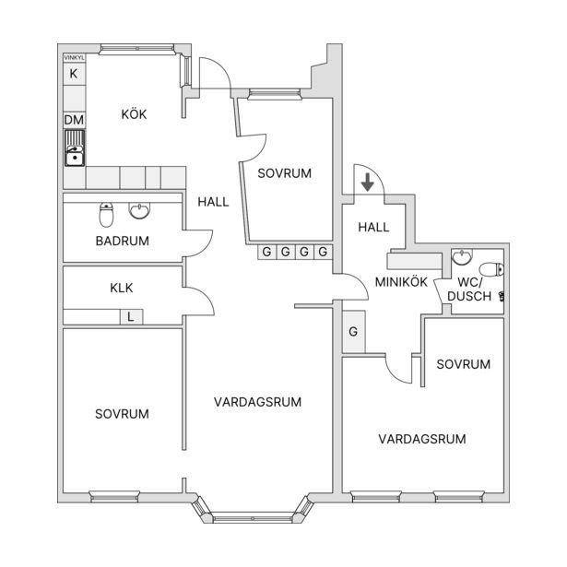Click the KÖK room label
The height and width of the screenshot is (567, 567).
point(134,114)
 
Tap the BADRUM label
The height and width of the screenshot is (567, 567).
point(123,241)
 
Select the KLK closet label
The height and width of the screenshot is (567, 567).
point(122,288)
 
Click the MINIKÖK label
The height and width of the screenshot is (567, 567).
point(401,282)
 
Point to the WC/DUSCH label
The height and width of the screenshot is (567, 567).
point(469,289)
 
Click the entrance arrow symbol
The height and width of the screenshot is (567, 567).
point(368,183)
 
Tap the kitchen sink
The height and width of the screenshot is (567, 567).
point(75,148)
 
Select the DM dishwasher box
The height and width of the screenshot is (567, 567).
point(74,120)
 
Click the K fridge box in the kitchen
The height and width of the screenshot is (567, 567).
point(74,74)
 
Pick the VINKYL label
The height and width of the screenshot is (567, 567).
point(74,57)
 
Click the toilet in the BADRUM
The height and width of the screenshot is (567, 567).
point(106,215)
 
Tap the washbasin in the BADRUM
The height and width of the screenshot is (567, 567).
point(139,211)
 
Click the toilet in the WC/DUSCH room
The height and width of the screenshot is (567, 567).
point(491,269)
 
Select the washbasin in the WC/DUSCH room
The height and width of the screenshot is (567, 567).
point(462,256)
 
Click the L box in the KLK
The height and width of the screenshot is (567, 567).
point(131,317)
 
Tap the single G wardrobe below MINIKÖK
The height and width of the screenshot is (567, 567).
point(354,331)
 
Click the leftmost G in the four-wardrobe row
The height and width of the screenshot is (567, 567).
point(266,252)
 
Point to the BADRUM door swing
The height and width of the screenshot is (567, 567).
point(198,243)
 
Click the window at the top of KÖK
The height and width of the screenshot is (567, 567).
point(136,49)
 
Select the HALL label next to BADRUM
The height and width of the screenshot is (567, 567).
point(213,202)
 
